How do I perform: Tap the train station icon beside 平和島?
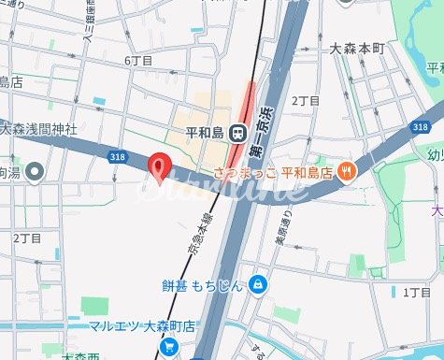coord(238,132)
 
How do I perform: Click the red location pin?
coord(160,166)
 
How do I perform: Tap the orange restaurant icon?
coord(347,170)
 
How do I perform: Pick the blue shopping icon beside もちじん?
coord(257,284)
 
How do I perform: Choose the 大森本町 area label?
coord(360,46)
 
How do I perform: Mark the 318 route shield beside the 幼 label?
coord(419,126)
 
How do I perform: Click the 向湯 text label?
coord(9,172)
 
